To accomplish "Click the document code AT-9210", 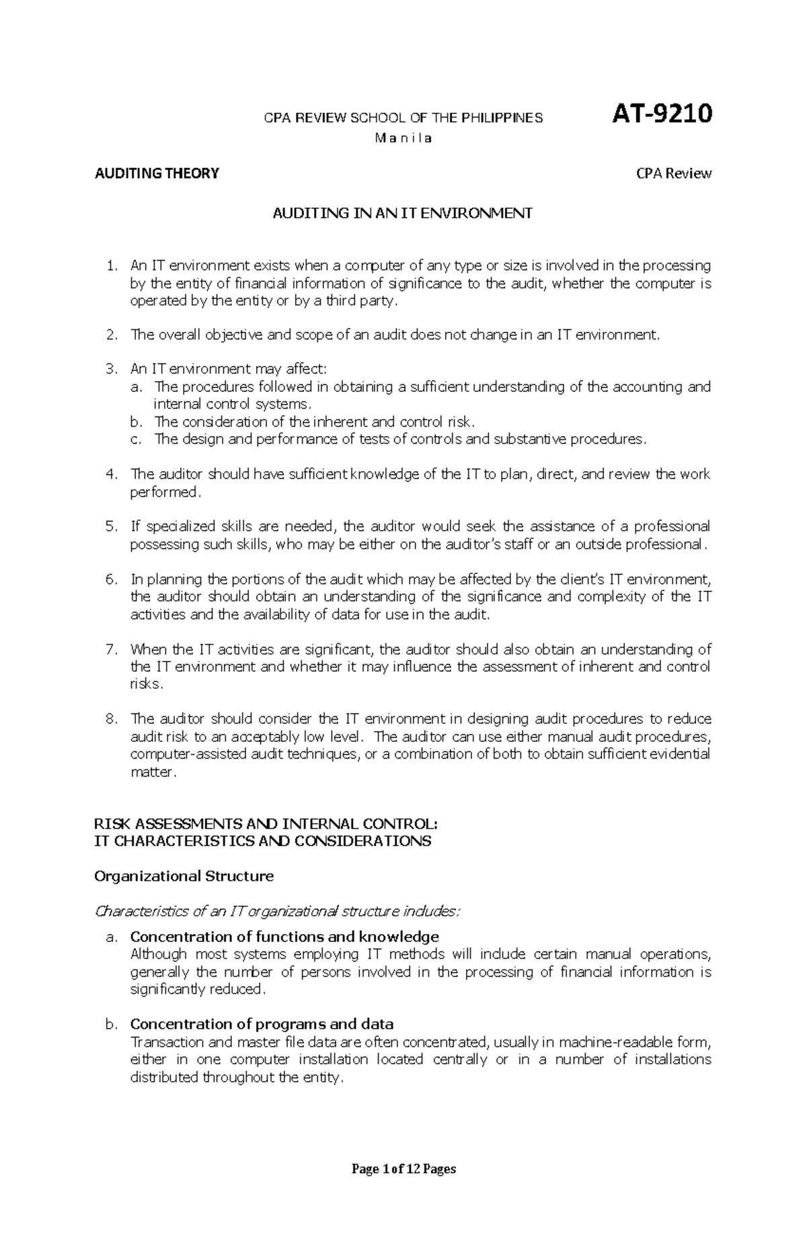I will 662,115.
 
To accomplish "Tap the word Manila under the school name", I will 403,139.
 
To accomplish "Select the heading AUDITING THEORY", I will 157,173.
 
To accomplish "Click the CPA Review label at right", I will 674,173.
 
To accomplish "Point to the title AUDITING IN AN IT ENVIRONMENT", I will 402,213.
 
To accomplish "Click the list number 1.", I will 112,265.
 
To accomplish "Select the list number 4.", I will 112,474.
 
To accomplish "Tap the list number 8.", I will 112,719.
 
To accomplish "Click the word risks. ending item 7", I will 147,684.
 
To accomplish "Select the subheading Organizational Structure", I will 184,876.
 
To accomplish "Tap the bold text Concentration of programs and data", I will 262,1024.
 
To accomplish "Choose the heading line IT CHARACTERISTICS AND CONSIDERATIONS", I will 263,841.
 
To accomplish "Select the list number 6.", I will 112,579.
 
